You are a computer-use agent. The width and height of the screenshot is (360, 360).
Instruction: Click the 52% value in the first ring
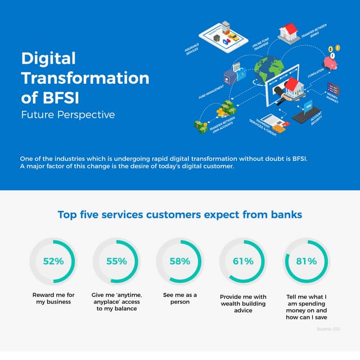(x=53, y=261)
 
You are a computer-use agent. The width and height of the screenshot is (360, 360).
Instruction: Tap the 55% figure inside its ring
(x=116, y=261)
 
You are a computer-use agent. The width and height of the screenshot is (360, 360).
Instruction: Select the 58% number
(x=179, y=261)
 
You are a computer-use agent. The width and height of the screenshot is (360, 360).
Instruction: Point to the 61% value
(x=242, y=261)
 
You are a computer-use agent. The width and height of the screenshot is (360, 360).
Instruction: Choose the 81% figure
(x=306, y=261)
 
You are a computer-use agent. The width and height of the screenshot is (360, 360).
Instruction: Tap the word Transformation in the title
(x=85, y=78)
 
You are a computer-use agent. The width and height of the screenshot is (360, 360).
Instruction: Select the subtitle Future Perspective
(x=67, y=115)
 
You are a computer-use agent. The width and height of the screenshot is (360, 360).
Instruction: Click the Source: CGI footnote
(x=328, y=328)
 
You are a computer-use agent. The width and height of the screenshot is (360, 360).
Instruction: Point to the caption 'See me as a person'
(x=179, y=298)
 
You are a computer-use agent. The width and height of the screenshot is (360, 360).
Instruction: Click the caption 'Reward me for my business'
(x=53, y=298)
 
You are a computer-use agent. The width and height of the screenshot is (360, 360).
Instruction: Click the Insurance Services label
(x=192, y=50)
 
